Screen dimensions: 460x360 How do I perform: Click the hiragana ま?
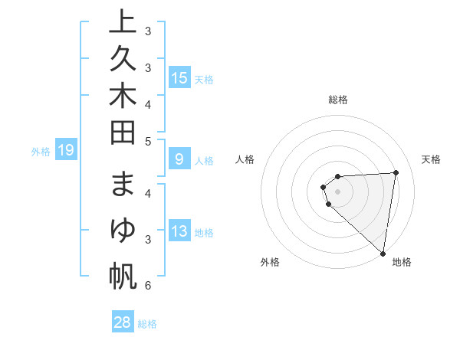(123, 188)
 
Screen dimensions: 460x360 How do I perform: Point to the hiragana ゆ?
(123, 232)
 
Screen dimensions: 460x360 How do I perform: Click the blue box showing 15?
(179, 78)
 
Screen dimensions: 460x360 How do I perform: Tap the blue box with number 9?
(179, 159)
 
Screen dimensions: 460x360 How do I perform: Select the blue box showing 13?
(179, 231)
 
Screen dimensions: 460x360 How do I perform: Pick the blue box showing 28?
(122, 322)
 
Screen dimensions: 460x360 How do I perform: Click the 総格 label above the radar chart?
(338, 100)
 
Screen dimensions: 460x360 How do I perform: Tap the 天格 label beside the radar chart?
(432, 159)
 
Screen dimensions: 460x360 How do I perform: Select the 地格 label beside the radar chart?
(402, 262)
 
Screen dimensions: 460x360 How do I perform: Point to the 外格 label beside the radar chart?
(270, 262)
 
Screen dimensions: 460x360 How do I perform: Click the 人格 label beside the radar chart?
(245, 159)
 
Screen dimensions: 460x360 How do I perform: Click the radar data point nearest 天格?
(396, 172)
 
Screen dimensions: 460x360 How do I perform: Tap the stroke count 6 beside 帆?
(148, 286)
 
